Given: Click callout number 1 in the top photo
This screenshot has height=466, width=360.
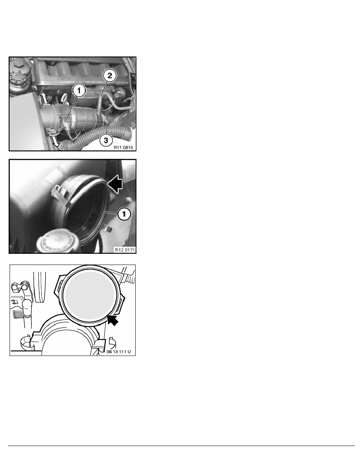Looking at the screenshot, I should [x=78, y=91].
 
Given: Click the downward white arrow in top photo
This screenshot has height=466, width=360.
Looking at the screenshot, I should [x=54, y=142].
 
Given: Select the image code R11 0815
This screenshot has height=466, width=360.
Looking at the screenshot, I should [x=124, y=147].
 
